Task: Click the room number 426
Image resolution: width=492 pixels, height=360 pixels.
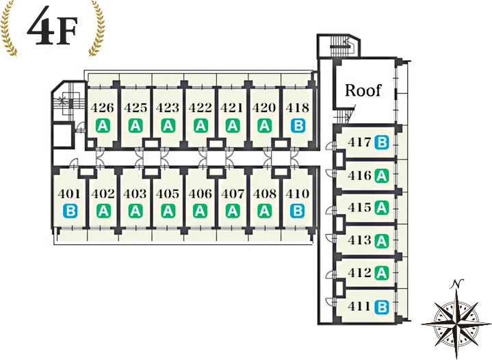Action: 102,107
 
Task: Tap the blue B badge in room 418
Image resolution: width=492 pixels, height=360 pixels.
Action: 298,126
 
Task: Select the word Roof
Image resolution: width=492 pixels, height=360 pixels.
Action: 363,90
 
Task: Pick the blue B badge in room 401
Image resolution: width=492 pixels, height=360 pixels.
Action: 70,211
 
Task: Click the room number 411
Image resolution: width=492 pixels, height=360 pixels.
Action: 359,306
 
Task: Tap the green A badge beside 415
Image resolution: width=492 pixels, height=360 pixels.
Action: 382,208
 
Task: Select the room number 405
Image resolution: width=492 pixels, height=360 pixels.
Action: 168,194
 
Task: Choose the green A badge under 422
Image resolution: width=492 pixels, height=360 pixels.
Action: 200,126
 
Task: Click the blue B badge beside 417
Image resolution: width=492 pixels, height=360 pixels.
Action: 382,143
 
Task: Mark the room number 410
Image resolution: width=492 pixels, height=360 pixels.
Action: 298,194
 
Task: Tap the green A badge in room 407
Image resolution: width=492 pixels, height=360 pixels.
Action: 233,211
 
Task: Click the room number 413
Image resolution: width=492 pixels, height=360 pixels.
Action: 359,240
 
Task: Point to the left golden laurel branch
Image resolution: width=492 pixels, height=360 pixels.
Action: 8,29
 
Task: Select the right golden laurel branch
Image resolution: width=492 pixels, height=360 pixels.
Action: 96,29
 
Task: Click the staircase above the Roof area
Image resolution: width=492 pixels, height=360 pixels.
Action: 340,46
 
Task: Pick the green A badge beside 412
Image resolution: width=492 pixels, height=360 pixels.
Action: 382,273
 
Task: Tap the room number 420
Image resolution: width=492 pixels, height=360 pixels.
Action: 264,107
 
